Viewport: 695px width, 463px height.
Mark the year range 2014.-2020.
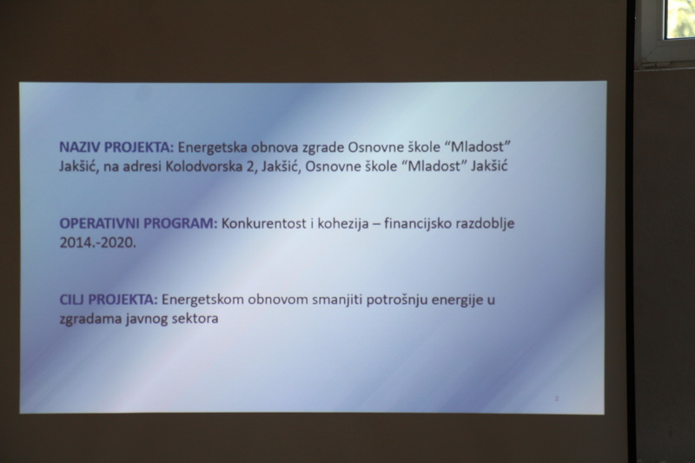[x=98, y=243]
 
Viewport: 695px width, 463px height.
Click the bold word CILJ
[x=72, y=300]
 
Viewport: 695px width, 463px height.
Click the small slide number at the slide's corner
[x=557, y=399]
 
